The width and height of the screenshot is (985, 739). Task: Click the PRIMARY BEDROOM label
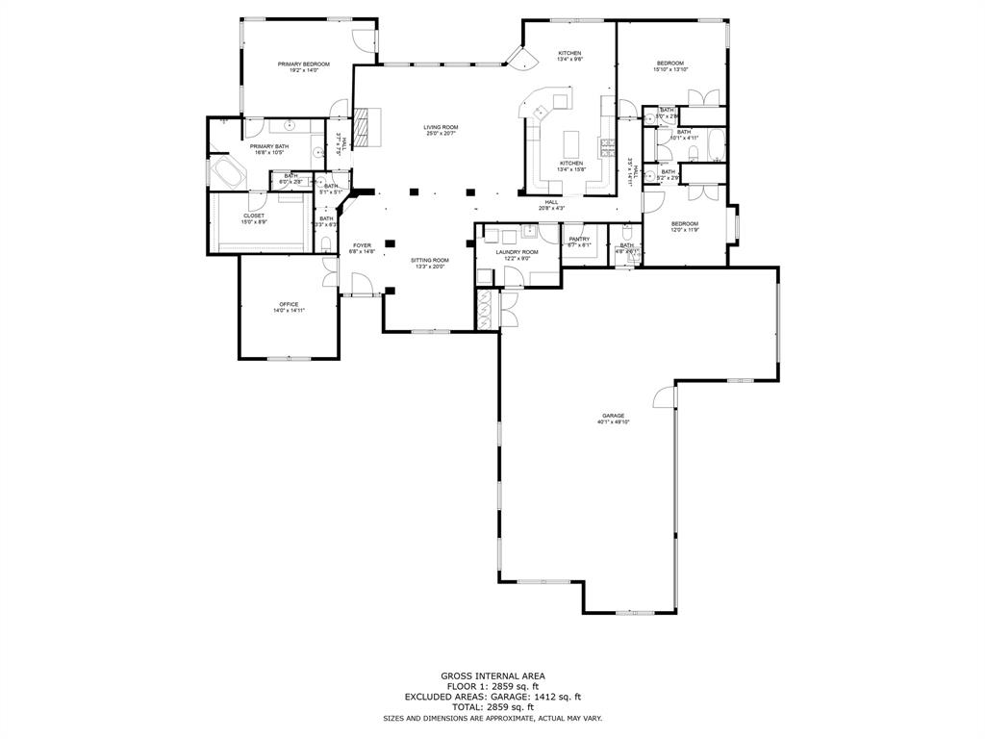[303, 64]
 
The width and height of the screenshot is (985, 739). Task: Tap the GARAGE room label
[613, 416]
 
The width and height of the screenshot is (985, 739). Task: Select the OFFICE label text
[289, 304]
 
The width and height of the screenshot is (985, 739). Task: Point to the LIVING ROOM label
[442, 127]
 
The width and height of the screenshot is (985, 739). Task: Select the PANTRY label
[578, 239]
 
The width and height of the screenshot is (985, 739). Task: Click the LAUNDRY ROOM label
[517, 252]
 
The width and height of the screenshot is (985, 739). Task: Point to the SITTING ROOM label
[430, 261]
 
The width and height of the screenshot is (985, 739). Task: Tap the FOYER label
[362, 245]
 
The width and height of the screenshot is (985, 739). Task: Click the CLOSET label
[253, 216]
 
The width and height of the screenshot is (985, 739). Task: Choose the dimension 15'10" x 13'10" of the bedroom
[670, 69]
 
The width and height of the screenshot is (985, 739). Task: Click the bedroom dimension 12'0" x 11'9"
[684, 230]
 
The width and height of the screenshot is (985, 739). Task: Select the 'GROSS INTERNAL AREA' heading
[492, 676]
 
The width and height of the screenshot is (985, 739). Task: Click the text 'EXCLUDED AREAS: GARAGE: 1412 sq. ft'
[492, 698]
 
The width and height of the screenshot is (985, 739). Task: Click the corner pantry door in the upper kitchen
[523, 64]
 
